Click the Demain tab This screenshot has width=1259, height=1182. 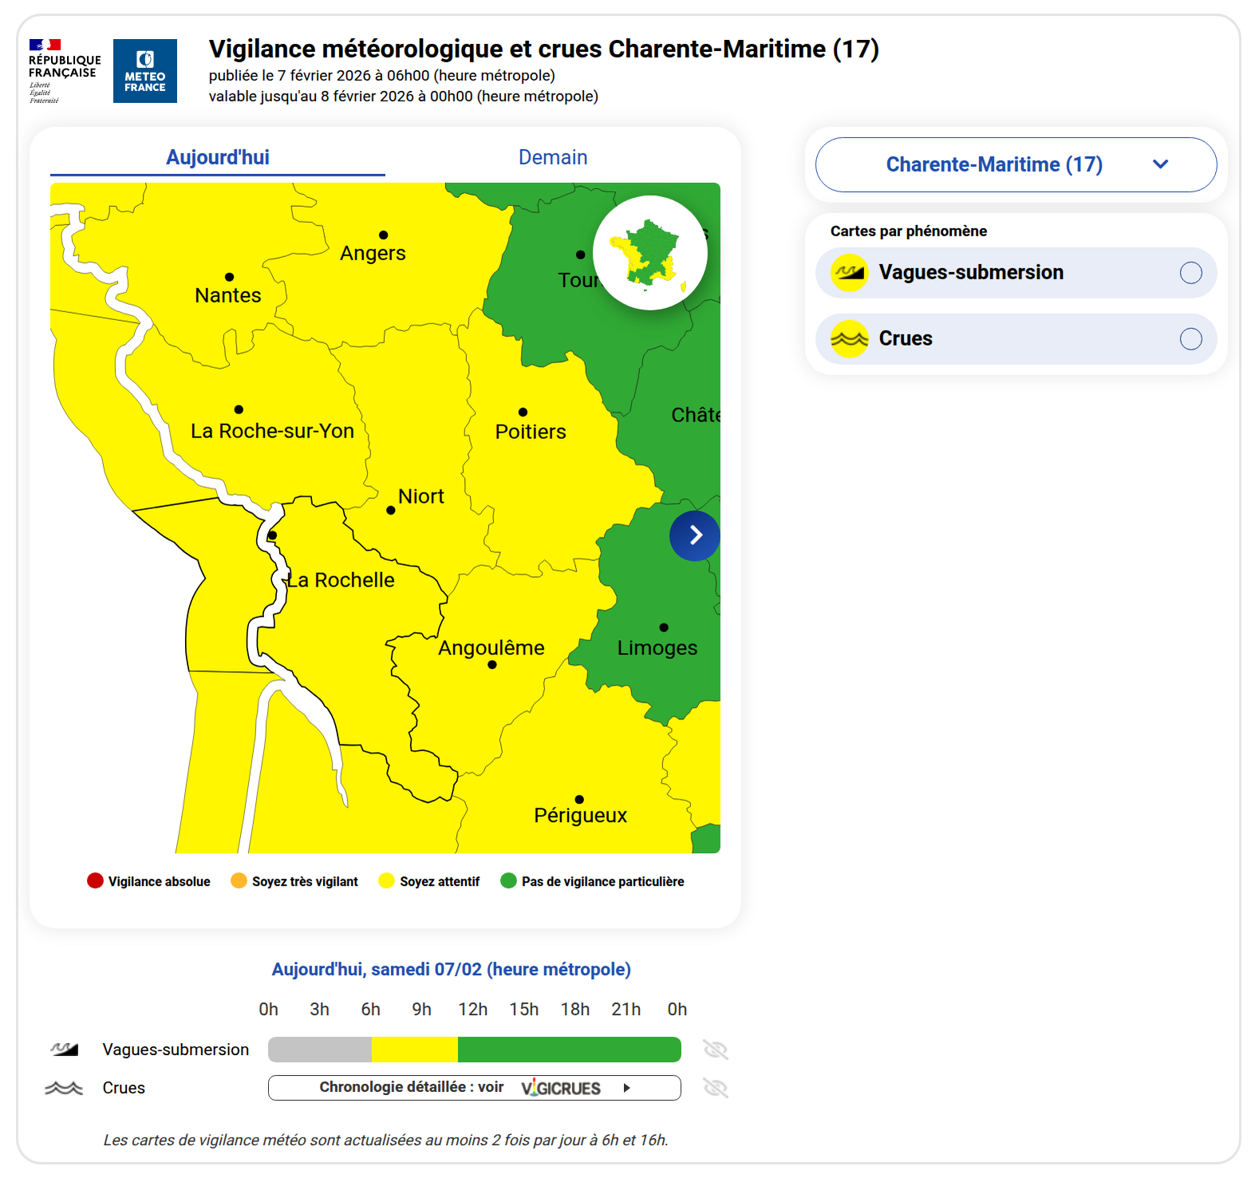pos(553,157)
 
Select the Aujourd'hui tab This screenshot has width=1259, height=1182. pos(218,157)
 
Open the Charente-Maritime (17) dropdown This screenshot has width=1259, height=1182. pos(1016,164)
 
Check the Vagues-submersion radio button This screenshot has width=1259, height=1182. pos(1190,273)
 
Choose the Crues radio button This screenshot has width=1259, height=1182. pos(1190,339)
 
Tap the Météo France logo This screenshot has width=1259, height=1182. pos(145,71)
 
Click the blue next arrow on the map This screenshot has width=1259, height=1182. pos(695,535)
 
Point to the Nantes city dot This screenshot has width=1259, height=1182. pos(230,277)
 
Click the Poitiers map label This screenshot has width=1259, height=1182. pos(531,432)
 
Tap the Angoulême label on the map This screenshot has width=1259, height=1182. pos(491,647)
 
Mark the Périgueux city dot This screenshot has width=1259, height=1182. pos(579,799)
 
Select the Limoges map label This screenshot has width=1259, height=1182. pos(657,647)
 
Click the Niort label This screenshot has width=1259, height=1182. pos(421,496)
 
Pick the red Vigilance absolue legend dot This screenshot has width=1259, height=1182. pos(96,881)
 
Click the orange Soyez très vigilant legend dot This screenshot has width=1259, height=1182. pos(239,881)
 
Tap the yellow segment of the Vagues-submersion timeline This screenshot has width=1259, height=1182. pos(415,1050)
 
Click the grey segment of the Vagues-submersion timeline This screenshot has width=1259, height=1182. pos(320,1050)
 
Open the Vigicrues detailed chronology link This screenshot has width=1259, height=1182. pos(475,1088)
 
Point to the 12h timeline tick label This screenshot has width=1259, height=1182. pos(473,1010)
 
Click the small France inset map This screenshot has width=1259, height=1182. pos(650,253)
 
